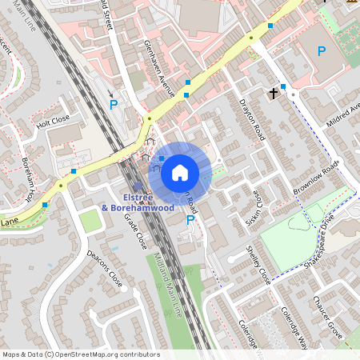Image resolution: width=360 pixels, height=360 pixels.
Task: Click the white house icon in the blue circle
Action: click(x=180, y=172)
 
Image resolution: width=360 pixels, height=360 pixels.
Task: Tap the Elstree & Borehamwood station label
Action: click(x=138, y=202)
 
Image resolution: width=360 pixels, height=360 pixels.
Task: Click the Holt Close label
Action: click(x=54, y=121)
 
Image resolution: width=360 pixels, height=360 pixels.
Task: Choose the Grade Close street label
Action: click(x=138, y=230)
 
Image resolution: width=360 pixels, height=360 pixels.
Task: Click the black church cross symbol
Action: click(x=274, y=94)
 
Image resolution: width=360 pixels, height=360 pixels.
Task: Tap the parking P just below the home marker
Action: click(x=190, y=220)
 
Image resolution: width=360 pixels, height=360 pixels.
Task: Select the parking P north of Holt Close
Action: click(x=114, y=104)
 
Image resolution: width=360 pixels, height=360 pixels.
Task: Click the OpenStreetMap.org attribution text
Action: click(x=104, y=354)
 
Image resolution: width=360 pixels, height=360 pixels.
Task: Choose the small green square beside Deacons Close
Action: click(x=90, y=220)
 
